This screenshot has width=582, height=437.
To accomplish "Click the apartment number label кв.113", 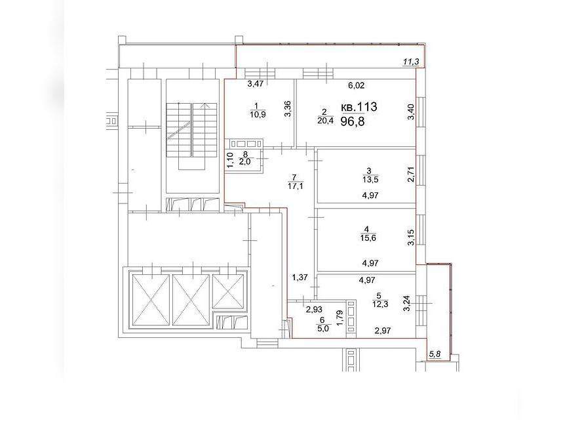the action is (359, 107).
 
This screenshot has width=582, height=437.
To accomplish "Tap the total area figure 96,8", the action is (353, 121).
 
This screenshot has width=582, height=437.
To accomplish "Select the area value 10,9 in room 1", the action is (258, 114).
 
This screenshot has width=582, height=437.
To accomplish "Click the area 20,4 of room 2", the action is (325, 119).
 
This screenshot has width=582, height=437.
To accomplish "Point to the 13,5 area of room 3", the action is (370, 180).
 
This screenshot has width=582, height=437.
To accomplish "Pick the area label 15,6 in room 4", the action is (368, 238).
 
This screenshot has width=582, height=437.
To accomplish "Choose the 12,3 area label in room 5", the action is (380, 304).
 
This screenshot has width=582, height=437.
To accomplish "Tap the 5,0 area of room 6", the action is (323, 329).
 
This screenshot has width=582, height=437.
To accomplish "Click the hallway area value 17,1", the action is (296, 186).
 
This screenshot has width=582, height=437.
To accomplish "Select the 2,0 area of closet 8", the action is (245, 161).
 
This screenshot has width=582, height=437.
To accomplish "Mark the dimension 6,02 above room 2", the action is (357, 85).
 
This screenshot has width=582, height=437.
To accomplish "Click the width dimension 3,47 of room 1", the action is (256, 84).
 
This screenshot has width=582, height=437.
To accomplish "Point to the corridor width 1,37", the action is (300, 277).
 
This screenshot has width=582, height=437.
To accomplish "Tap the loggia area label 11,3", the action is (411, 62).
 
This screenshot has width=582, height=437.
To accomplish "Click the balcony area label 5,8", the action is (435, 354).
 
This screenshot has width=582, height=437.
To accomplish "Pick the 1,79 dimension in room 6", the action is (338, 318).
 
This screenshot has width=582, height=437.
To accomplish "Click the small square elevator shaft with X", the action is (227, 291).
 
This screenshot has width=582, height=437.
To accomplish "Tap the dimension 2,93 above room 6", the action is (314, 309).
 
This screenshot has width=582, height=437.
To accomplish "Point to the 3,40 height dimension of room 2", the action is (410, 112).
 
